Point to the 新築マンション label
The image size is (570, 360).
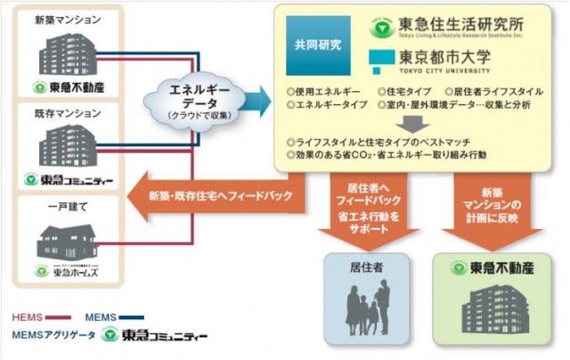pos(68,20)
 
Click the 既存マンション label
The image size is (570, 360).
pos(68,115)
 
